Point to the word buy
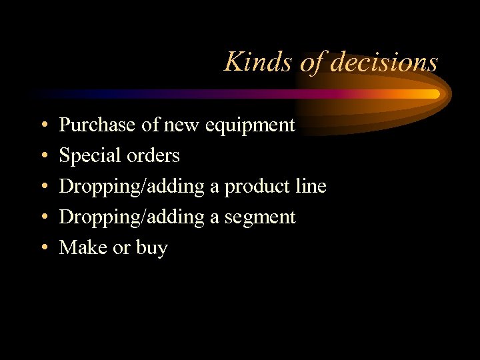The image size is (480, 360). [x=151, y=249]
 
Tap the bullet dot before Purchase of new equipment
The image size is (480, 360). [x=43, y=125]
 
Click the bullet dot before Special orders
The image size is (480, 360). [x=43, y=156]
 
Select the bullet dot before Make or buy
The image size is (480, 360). [x=43, y=249]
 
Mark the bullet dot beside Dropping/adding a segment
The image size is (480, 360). [x=43, y=218]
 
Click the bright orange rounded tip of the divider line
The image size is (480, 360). [x=435, y=94]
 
